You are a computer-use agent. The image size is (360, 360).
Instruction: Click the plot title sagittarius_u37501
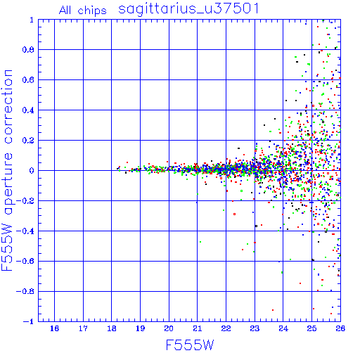(188, 9)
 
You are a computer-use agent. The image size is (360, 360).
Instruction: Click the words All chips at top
(83, 11)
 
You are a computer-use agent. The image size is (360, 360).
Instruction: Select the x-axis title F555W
(190, 345)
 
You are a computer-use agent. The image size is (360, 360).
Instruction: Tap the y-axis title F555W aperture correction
(7, 170)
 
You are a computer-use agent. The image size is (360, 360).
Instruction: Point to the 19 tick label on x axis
(140, 328)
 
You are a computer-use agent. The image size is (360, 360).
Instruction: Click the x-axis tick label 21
(198, 328)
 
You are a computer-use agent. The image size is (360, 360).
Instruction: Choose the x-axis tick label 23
(255, 328)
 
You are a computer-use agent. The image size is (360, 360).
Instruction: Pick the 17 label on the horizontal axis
(83, 328)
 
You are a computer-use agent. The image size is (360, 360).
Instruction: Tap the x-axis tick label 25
(311, 328)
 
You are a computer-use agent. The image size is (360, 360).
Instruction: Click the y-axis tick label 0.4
(28, 110)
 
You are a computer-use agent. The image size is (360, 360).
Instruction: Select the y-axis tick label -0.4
(25, 231)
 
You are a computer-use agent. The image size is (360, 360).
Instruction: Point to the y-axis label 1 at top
(32, 20)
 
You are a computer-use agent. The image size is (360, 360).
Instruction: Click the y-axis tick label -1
(29, 321)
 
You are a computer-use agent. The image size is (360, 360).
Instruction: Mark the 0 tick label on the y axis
(32, 171)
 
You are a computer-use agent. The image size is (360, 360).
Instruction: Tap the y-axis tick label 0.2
(28, 141)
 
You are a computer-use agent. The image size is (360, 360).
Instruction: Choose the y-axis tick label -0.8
(25, 292)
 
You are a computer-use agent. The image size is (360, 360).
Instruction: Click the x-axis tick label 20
(169, 328)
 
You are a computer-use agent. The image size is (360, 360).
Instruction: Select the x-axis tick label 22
(226, 328)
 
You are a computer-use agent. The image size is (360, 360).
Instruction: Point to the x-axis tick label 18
(112, 328)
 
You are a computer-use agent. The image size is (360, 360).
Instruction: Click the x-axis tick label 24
(283, 328)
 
